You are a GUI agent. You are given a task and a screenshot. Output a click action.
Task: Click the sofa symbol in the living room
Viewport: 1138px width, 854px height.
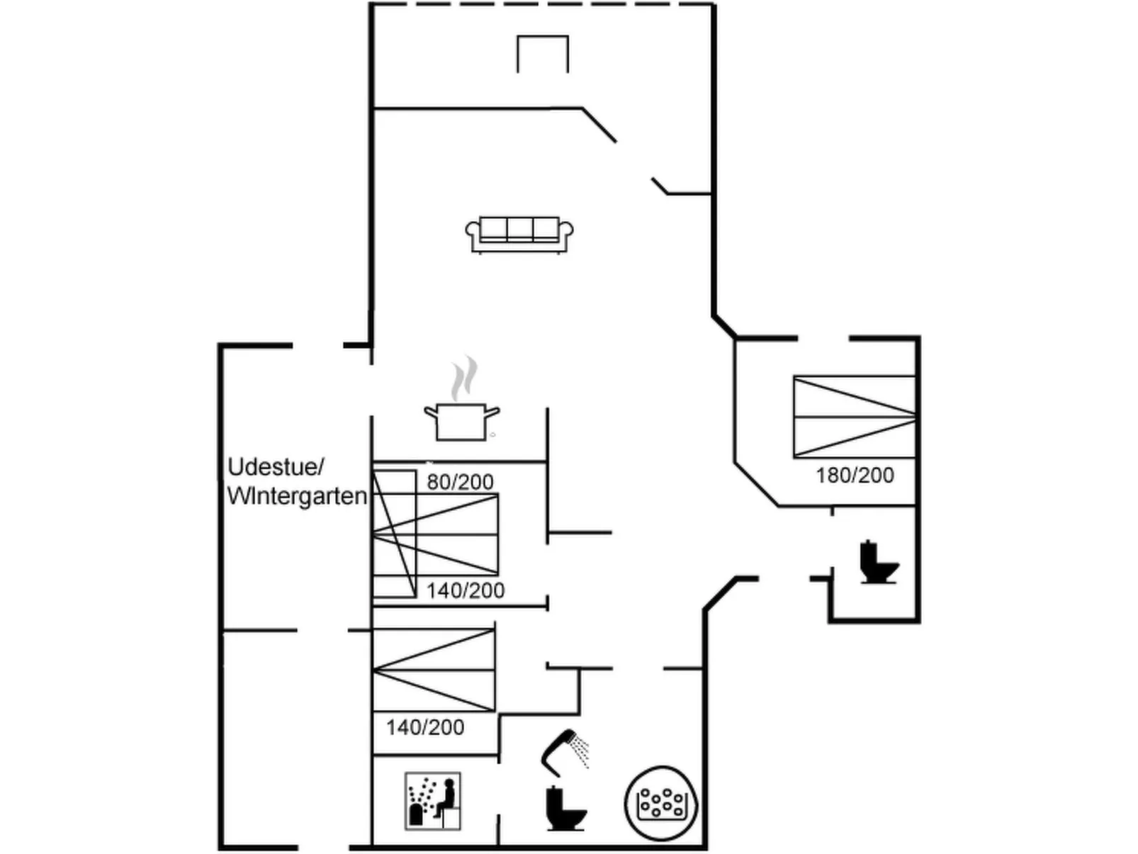point(519,234)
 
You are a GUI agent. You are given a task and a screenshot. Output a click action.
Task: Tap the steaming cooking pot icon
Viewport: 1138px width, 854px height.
point(461,421)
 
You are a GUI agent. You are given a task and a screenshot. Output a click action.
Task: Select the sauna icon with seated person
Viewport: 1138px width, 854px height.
point(432,801)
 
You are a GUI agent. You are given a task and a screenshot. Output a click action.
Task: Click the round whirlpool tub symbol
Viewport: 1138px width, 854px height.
point(661,804)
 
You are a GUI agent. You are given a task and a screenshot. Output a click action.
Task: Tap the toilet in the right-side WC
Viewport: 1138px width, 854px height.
point(879,562)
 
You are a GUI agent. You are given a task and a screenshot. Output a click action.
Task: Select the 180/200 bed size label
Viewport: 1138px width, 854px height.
point(855,475)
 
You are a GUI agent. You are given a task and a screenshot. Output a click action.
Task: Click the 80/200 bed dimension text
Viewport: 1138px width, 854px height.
point(460,482)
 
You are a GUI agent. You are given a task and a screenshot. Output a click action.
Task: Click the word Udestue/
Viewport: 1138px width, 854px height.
point(276,467)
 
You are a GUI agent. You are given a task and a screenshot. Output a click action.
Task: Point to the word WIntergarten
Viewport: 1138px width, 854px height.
point(297,496)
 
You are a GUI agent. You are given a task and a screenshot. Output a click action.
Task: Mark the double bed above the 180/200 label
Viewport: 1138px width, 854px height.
point(855,417)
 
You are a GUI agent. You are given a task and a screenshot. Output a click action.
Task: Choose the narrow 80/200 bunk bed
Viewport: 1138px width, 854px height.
point(395,533)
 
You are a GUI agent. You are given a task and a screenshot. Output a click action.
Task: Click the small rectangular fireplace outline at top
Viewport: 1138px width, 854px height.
point(543,54)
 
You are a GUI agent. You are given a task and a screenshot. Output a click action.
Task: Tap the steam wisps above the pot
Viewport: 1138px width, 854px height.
point(464,377)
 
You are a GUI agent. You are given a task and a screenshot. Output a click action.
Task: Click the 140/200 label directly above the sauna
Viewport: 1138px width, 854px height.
point(425,727)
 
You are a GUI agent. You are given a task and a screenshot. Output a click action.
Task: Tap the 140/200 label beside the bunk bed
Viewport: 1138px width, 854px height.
point(466,590)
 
